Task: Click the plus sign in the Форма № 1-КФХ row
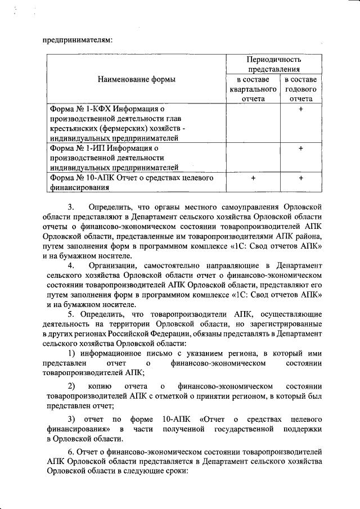coord(301,109)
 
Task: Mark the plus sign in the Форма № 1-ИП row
coord(301,148)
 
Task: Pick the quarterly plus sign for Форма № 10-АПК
coord(253,178)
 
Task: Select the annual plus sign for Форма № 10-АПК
coord(301,178)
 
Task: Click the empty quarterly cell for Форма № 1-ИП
coord(253,157)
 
